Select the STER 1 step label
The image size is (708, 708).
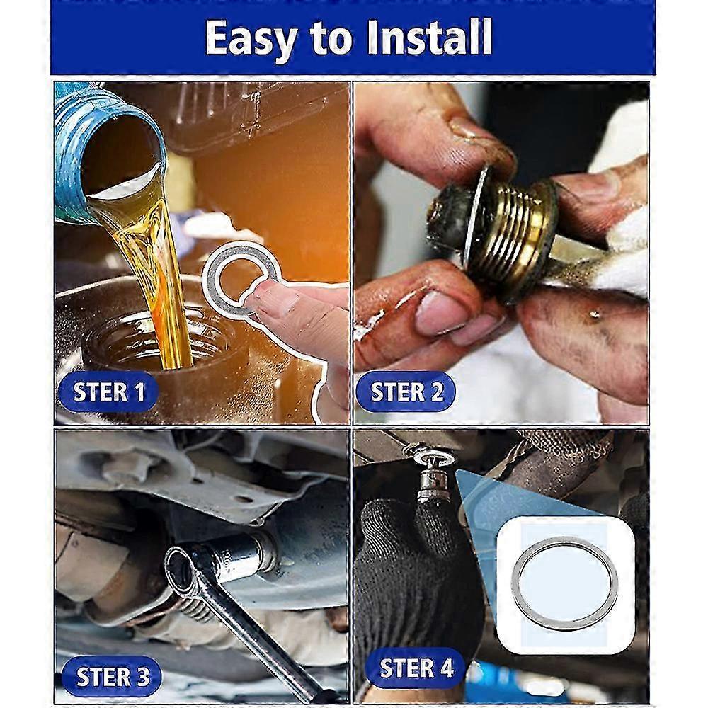[108, 392]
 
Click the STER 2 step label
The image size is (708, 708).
[406, 392]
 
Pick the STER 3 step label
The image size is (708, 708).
[112, 676]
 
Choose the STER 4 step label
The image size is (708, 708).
[416, 668]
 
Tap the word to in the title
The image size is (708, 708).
[331, 39]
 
